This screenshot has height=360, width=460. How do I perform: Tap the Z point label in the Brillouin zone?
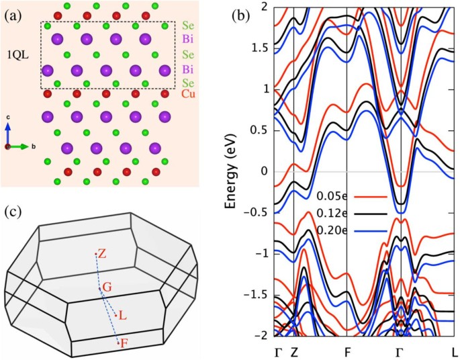tap(102, 255)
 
